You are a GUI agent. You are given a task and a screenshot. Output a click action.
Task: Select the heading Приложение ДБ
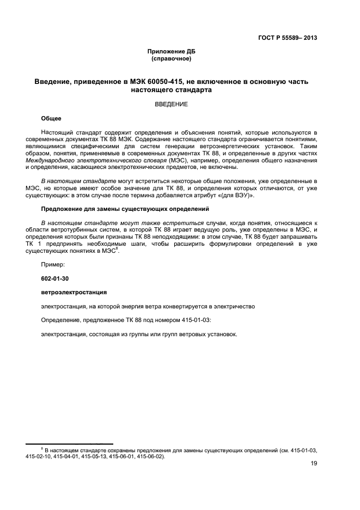171,52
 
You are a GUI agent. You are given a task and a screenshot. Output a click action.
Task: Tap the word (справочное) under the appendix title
171,59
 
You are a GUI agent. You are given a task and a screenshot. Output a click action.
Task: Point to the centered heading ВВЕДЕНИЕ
171,104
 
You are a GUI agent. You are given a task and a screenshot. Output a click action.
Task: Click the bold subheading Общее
51,118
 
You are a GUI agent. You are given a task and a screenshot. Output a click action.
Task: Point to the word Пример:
52,264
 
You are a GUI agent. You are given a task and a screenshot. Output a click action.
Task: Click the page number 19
314,463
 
